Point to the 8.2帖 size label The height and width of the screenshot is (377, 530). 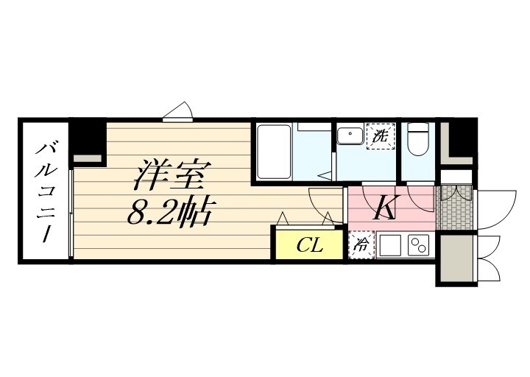click(x=171, y=213)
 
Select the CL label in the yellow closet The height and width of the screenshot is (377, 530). click(x=310, y=245)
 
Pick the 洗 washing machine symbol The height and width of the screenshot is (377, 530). click(x=380, y=136)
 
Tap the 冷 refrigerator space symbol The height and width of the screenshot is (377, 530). click(x=361, y=245)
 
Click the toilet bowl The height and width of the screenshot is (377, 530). click(x=418, y=140)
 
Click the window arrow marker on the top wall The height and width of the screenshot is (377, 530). click(x=178, y=111)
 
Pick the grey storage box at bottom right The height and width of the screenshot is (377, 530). click(x=456, y=258)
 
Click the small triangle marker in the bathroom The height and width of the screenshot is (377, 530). click(x=325, y=174)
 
